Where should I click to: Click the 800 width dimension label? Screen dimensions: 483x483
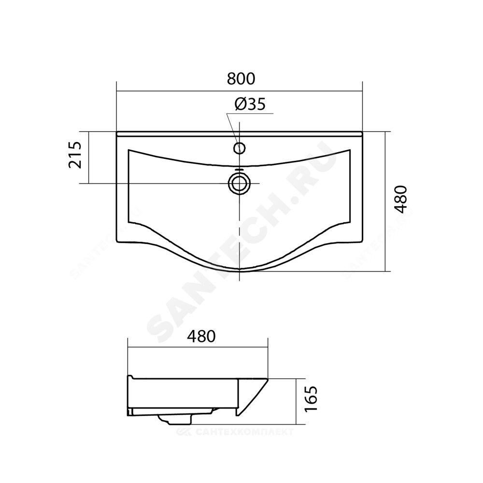coord(241,79)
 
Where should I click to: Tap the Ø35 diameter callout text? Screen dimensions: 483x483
coord(250,104)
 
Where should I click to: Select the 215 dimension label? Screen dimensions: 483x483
coord(75,155)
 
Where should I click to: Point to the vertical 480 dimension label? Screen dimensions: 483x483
coord(401,199)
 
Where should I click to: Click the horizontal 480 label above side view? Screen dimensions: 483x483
coord(201,336)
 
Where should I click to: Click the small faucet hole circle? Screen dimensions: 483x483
coord(240,148)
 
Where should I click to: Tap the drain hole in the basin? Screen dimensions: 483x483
coord(239,184)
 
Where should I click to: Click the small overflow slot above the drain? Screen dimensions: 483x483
coord(239,170)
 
